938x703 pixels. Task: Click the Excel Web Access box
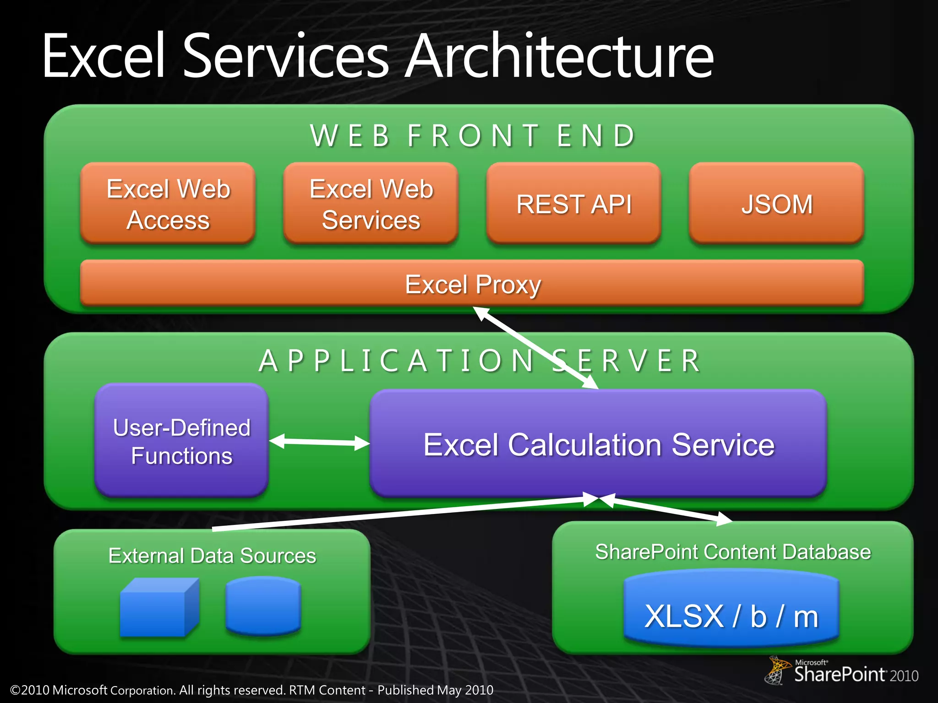pyautogui.click(x=168, y=204)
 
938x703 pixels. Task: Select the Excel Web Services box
pyautogui.click(x=371, y=204)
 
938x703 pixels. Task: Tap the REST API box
pyautogui.click(x=573, y=204)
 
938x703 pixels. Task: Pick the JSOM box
pyautogui.click(x=777, y=204)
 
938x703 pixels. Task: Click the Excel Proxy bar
pyautogui.click(x=472, y=284)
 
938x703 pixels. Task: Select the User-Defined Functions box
pyautogui.click(x=181, y=441)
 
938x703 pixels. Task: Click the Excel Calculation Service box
pyautogui.click(x=598, y=444)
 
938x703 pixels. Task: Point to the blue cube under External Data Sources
pyautogui.click(x=158, y=609)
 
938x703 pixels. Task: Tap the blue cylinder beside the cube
pyautogui.click(x=263, y=606)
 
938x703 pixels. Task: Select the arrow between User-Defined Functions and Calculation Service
pyautogui.click(x=319, y=442)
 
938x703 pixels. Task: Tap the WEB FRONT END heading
pyautogui.click(x=473, y=136)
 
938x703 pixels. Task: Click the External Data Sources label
pyautogui.click(x=212, y=556)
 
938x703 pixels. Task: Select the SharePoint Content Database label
pyautogui.click(x=733, y=552)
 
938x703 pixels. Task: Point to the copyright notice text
pyautogui.click(x=252, y=690)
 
